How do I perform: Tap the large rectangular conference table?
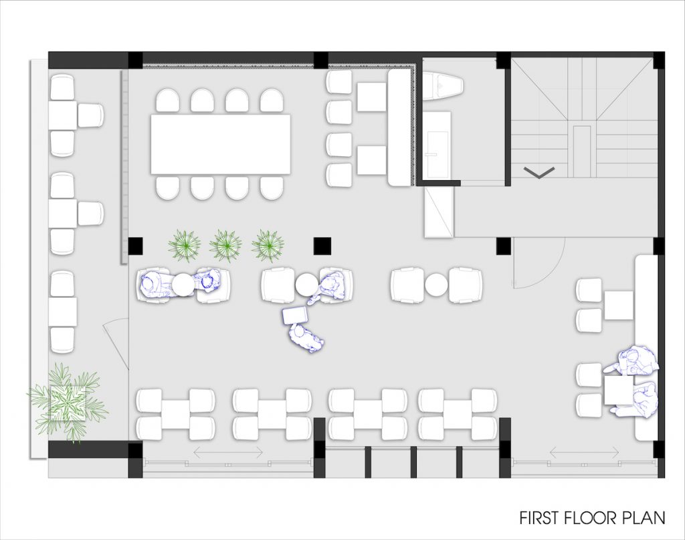[x=221, y=144]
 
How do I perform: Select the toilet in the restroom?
[x=443, y=85]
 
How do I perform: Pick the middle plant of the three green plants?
[x=225, y=245]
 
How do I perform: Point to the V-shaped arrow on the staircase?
[x=540, y=172]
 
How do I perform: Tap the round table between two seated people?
[x=183, y=285]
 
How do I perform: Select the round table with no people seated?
[x=436, y=285]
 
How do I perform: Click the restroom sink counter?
[x=436, y=145]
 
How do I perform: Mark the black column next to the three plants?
[x=135, y=246]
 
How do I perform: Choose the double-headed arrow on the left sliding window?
[x=228, y=452]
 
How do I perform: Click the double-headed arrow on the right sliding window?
[x=585, y=452]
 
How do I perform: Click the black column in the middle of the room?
[x=322, y=246]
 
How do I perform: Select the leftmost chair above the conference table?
[x=167, y=100]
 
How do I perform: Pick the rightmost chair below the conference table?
[x=272, y=188]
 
